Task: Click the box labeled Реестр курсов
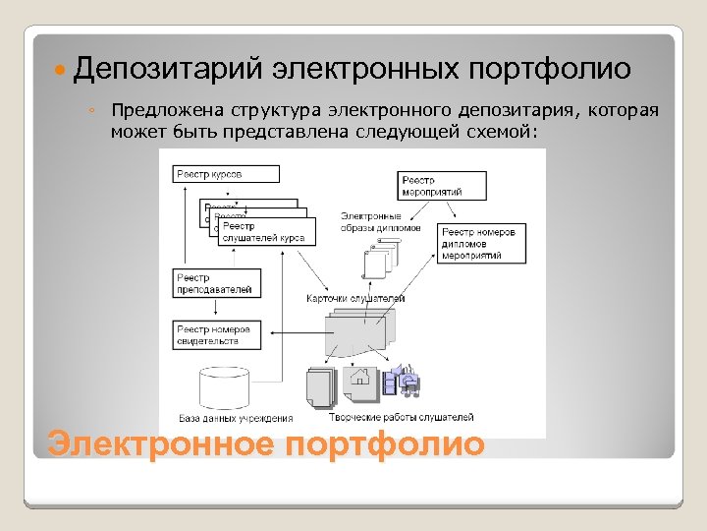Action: (226, 174)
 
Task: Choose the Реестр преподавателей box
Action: (216, 283)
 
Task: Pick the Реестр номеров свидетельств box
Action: (216, 334)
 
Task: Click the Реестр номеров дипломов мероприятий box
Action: (477, 243)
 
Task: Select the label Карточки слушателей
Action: (355, 298)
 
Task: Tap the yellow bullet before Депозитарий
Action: (61, 71)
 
